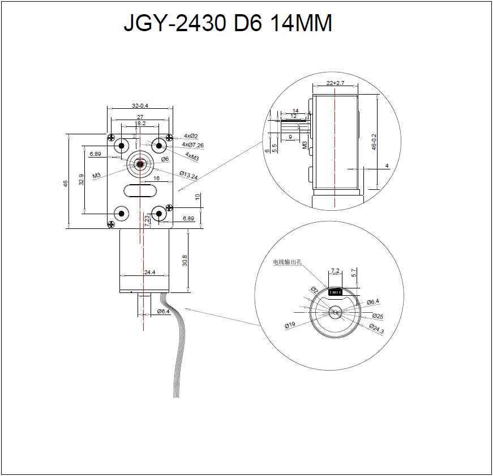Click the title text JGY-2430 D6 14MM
point(228,24)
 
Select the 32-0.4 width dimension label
point(140,105)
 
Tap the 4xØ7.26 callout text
point(193,145)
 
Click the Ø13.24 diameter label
point(188,176)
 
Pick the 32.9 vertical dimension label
point(82,180)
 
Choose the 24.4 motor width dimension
point(149,273)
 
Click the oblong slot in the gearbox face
point(140,190)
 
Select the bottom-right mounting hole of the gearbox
point(158,214)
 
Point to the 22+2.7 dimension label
point(336,83)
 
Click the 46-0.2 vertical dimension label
point(374,142)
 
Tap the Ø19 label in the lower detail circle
point(290,325)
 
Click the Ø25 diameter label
point(378,316)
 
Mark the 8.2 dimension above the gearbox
point(141,123)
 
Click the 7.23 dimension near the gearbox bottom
point(147,221)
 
